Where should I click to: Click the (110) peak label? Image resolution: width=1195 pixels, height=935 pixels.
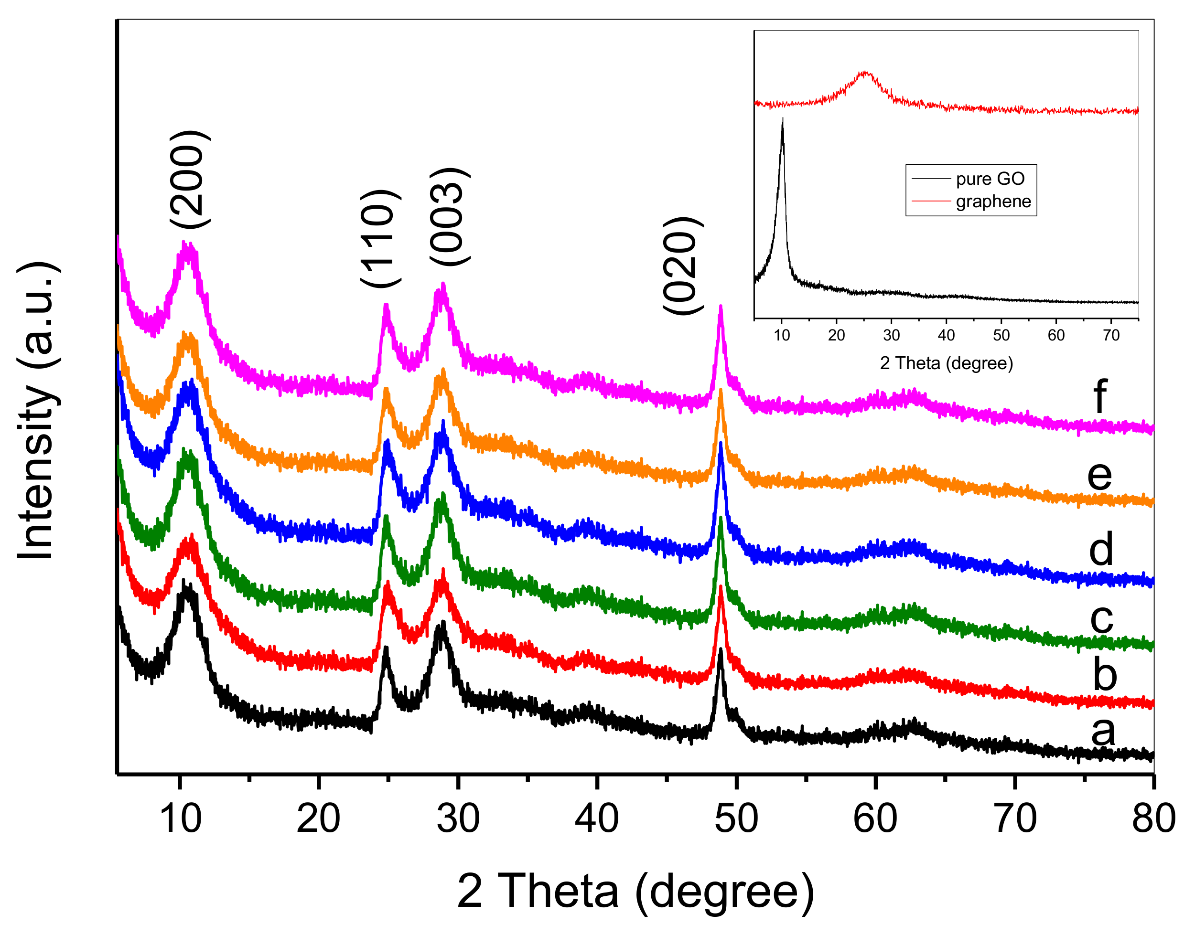(381, 239)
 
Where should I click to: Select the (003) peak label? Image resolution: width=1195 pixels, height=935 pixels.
(450, 217)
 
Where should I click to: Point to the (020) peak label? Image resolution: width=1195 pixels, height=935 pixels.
(682, 266)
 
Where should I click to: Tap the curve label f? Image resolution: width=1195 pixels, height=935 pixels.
(1100, 396)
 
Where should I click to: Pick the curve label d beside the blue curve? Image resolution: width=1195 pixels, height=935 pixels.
(1101, 549)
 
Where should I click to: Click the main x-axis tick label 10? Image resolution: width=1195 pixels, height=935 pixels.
(180, 819)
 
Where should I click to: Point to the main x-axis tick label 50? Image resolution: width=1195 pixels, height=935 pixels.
(736, 819)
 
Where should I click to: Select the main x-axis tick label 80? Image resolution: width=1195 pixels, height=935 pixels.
(1153, 819)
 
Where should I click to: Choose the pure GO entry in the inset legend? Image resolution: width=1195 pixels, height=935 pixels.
(990, 179)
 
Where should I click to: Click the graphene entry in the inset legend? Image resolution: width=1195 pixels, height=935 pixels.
(993, 202)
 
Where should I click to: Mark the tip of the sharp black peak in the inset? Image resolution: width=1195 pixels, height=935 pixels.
(782, 119)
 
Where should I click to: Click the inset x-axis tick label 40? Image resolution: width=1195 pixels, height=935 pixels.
(946, 335)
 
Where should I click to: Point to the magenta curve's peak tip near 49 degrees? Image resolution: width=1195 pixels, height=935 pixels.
(720, 307)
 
